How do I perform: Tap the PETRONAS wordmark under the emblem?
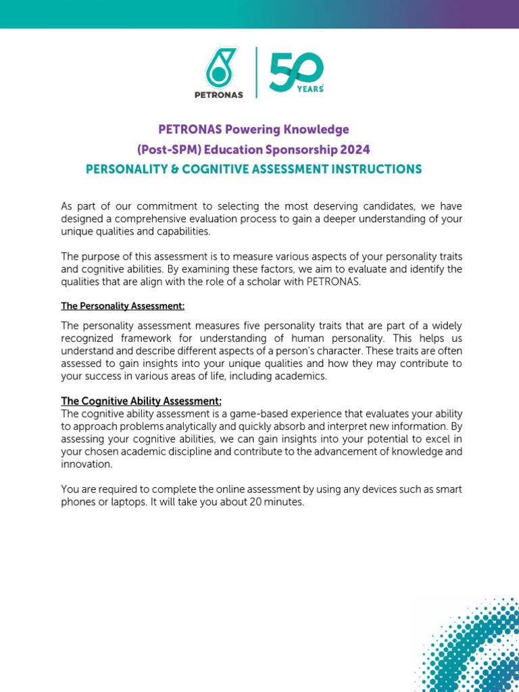(218, 95)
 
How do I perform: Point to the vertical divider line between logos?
(256, 72)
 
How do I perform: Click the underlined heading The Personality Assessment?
(123, 306)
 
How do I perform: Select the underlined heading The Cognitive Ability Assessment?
(141, 401)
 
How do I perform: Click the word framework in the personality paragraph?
(153, 338)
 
